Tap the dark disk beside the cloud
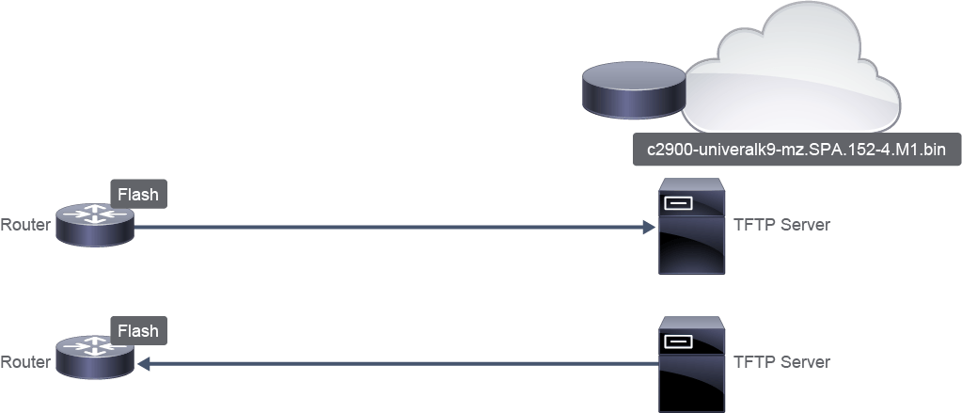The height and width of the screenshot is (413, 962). coord(633,89)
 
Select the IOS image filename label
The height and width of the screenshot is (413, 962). coord(796,150)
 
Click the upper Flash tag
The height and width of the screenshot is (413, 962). coord(138,195)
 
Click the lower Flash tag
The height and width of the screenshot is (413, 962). coord(138,331)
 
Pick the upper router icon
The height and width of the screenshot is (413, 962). coord(95,225)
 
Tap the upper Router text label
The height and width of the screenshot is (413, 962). coord(25,225)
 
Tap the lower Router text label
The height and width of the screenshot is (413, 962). coord(25,362)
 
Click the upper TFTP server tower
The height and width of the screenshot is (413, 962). coord(691,226)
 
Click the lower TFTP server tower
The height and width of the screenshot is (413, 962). coord(691,364)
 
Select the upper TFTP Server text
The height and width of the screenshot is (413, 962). coord(781,225)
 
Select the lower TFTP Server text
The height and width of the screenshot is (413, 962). coord(781,362)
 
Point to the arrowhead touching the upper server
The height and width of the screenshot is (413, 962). coord(650,227)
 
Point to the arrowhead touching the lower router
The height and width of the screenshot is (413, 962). coord(144,364)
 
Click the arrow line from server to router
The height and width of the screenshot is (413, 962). coord(398,364)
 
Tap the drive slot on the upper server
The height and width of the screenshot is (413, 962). coord(678,203)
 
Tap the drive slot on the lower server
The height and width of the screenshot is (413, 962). coord(678,341)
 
